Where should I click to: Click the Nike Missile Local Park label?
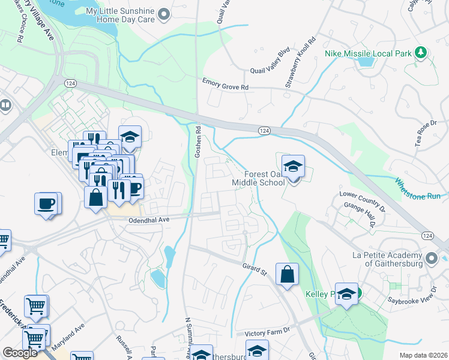(368, 53)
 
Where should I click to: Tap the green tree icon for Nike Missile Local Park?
(421, 53)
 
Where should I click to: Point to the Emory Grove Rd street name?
(225, 87)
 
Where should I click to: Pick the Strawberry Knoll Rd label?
(300, 64)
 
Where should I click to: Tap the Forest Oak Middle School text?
(258, 176)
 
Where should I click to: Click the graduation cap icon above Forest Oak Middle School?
(293, 167)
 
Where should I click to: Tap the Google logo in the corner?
(20, 353)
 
